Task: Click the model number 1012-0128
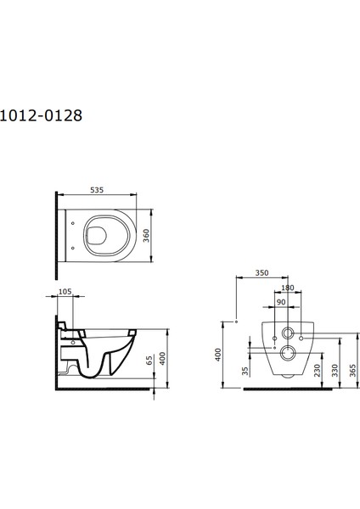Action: point(41,115)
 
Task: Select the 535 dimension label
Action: point(97,190)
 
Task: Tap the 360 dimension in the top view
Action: point(146,236)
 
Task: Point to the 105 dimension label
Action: point(65,292)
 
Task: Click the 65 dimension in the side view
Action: point(149,361)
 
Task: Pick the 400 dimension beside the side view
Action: point(162,358)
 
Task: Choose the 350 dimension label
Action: point(262,272)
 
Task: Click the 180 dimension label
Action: point(288,288)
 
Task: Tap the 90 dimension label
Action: point(281,302)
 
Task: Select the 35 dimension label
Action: point(245,371)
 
